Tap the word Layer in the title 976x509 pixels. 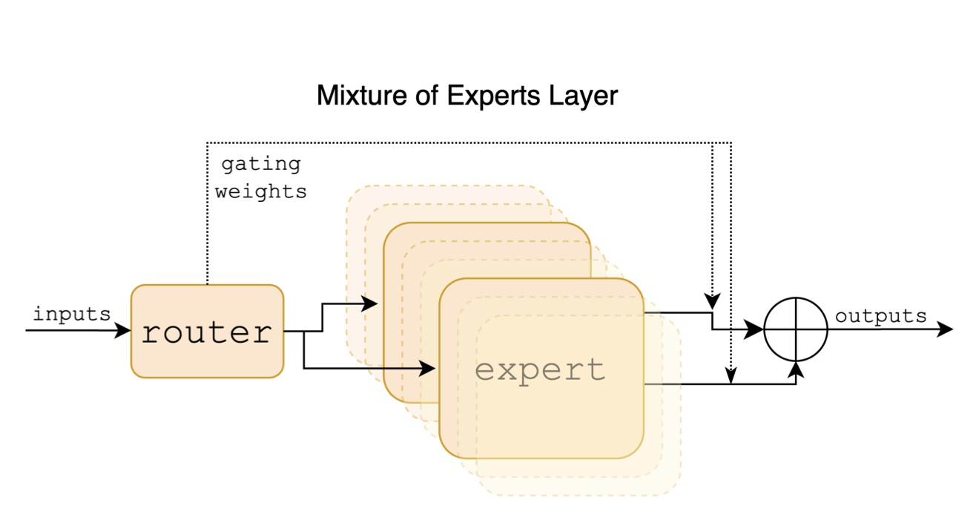(x=582, y=96)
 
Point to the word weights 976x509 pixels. (x=261, y=191)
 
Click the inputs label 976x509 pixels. (x=72, y=314)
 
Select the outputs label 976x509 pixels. (x=881, y=317)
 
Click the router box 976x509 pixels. (x=207, y=332)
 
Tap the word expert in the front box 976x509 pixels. (x=540, y=369)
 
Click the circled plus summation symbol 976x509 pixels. (x=796, y=329)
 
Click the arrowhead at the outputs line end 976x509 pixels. (x=946, y=329)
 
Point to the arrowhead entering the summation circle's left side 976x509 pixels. (x=756, y=329)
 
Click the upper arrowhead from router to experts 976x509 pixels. (x=370, y=303)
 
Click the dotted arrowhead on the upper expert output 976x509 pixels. (x=712, y=303)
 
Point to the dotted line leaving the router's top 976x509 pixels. (x=207, y=223)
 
